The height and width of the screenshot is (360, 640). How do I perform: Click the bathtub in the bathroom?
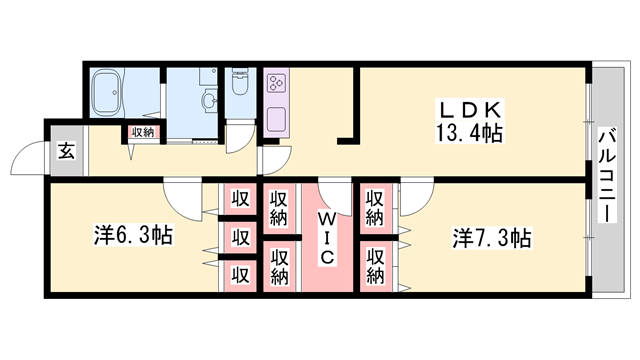[107, 95]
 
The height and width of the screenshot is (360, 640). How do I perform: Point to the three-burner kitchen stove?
[277, 84]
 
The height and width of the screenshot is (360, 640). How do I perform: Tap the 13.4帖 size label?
[468, 132]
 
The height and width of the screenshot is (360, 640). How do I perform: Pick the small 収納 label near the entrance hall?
[141, 132]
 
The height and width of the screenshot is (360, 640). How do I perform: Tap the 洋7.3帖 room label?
[492, 238]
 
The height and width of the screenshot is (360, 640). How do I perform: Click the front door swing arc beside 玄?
[27, 161]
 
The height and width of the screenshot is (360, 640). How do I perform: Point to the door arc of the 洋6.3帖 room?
[185, 200]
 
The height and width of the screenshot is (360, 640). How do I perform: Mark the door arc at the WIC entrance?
[334, 194]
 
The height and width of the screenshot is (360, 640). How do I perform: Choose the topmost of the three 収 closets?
[241, 198]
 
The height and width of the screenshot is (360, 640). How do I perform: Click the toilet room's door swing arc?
[240, 139]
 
